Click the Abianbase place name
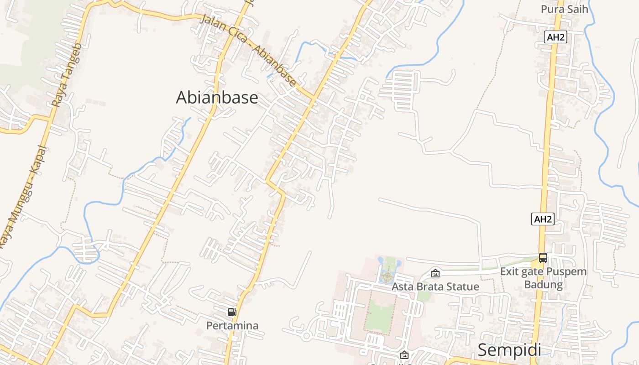(x=217, y=98)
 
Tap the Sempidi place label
(x=509, y=350)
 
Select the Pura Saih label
(x=564, y=9)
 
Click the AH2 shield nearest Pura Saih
(x=555, y=37)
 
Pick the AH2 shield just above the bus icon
(x=543, y=219)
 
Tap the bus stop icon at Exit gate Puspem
(x=543, y=258)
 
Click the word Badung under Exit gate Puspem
(x=543, y=285)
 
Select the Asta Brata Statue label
(x=435, y=287)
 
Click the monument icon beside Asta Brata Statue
(x=435, y=274)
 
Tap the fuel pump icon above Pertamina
(x=232, y=313)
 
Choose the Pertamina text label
(x=232, y=326)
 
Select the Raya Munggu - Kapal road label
(x=23, y=196)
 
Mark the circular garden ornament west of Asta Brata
(x=387, y=276)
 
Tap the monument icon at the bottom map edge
(x=404, y=355)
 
